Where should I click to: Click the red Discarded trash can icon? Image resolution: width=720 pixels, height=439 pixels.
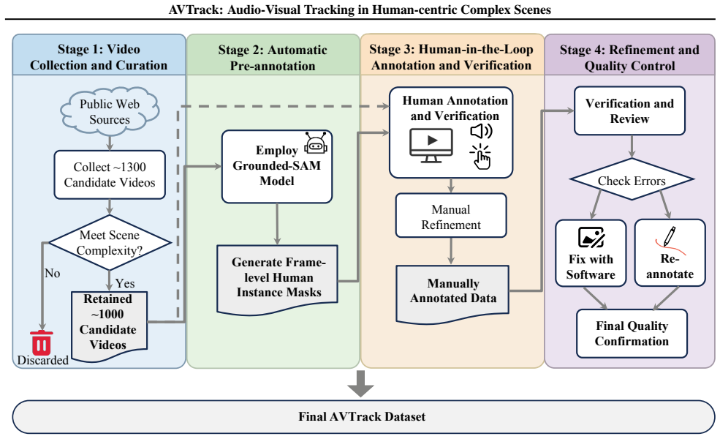click(x=42, y=342)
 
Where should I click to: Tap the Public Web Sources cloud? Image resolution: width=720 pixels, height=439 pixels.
click(x=110, y=112)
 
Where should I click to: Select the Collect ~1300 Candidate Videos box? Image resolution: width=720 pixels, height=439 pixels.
click(x=110, y=175)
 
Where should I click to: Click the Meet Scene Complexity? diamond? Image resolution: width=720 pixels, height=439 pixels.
click(x=110, y=242)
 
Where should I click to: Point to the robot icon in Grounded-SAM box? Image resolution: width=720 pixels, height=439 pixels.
click(x=316, y=143)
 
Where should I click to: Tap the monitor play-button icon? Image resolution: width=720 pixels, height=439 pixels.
click(x=431, y=146)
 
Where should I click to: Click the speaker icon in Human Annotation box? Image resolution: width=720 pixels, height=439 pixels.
click(x=481, y=132)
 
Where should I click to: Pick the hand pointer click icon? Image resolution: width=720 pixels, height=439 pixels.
click(x=481, y=157)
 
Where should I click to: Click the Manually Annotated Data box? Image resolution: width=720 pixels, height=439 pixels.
click(x=452, y=294)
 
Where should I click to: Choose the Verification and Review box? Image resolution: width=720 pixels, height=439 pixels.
click(x=629, y=110)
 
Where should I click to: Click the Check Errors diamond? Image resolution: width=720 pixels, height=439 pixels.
click(x=632, y=179)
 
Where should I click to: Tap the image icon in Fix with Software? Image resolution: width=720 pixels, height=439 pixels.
click(x=591, y=237)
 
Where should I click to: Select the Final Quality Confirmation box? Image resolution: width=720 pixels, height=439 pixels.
click(x=632, y=333)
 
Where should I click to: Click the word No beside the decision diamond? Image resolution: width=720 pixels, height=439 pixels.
click(x=53, y=274)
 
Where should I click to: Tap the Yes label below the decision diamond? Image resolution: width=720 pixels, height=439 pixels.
click(x=125, y=283)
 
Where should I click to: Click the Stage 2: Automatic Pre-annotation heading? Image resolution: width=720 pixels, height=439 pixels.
click(x=273, y=58)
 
